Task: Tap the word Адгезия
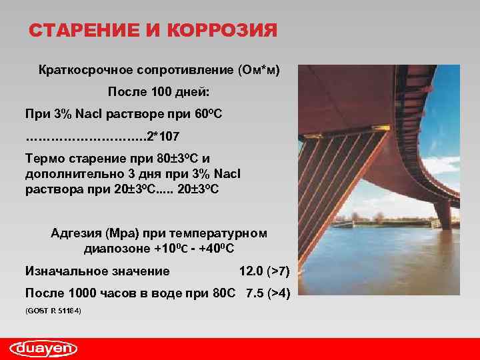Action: (x=75, y=233)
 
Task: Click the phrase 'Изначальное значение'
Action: (x=97, y=271)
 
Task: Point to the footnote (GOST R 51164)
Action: (x=53, y=311)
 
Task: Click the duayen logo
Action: (x=43, y=347)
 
